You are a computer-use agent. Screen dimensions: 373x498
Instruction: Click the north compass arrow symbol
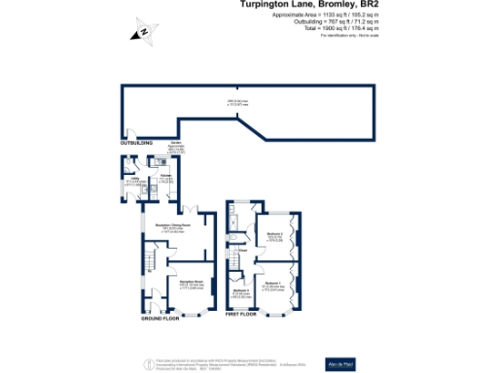(x=143, y=32)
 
